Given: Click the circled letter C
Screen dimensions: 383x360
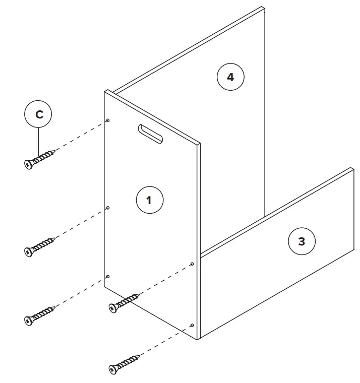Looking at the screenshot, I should [39, 114].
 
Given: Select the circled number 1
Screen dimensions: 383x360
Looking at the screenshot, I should [149, 200].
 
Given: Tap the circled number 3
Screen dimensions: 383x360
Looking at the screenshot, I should [301, 241].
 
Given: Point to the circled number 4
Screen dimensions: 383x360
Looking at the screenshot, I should [230, 77].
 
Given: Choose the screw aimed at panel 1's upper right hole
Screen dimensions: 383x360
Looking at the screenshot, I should [124, 302].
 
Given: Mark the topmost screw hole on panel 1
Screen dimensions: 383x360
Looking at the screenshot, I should [108, 120].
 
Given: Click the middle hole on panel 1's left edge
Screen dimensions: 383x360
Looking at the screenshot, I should [108, 208].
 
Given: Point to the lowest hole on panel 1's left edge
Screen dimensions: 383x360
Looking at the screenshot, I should [108, 277].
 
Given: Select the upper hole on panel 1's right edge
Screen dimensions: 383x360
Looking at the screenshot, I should [192, 264].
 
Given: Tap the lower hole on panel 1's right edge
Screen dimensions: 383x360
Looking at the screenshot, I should [192, 325].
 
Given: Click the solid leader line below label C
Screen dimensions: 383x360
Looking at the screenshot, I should [39, 141].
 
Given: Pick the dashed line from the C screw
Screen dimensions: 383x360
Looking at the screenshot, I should [81, 135].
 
